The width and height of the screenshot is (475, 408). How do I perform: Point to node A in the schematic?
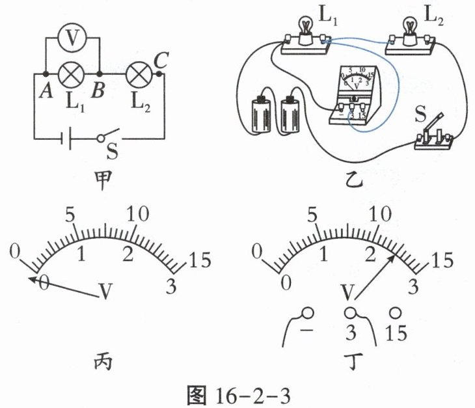pyautogui.click(x=46, y=74)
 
